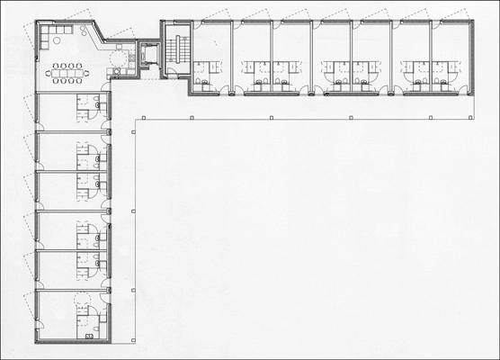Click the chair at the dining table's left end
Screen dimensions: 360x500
click(50, 71)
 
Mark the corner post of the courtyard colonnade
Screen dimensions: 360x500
click(133, 119)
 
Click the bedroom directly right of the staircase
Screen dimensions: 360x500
click(212, 54)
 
